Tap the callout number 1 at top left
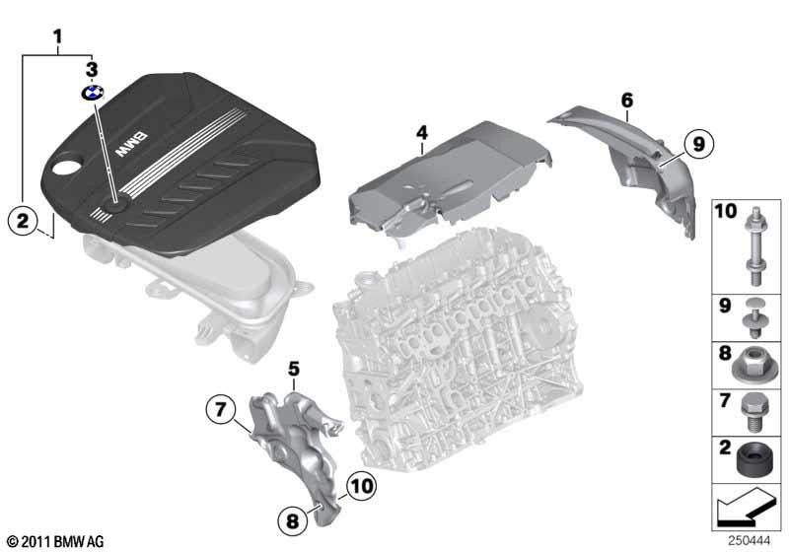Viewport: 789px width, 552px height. click(x=58, y=39)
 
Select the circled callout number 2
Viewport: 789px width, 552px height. click(x=24, y=219)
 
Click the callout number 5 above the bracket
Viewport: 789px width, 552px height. click(x=293, y=369)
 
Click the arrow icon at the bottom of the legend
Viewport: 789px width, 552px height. click(x=747, y=511)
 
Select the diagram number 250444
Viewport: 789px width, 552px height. click(x=756, y=541)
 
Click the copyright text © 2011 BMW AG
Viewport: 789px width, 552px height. click(x=55, y=541)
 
